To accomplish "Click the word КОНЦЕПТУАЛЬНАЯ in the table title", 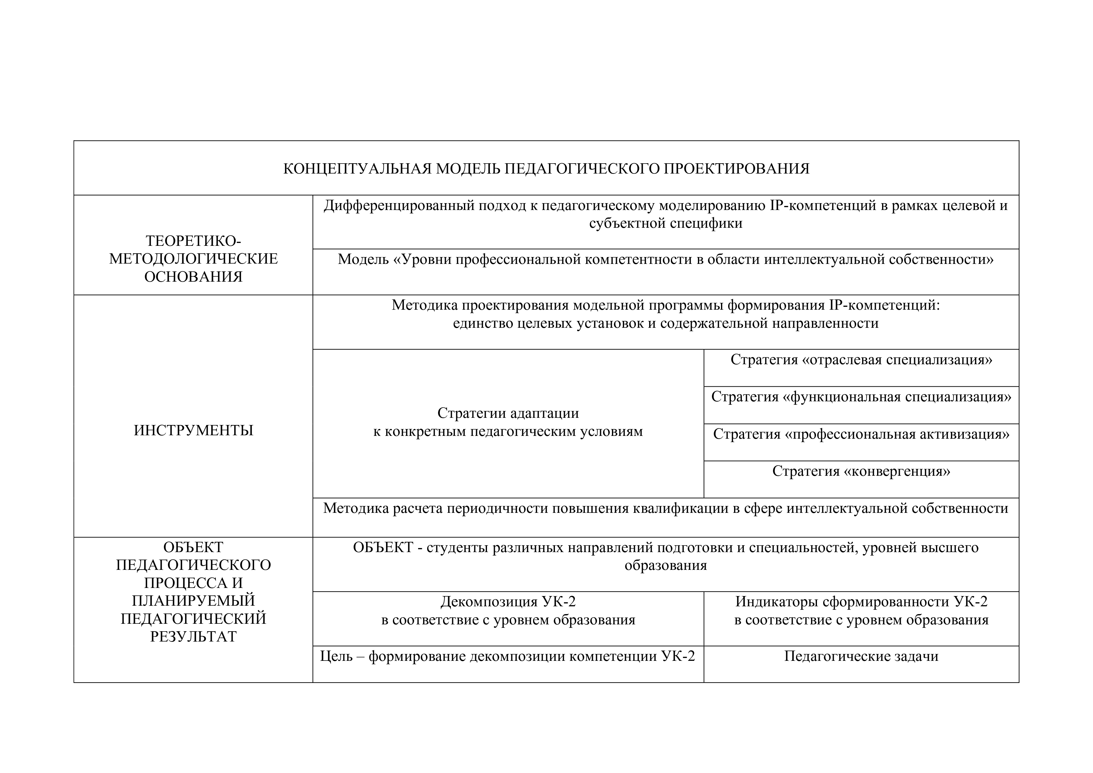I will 357,169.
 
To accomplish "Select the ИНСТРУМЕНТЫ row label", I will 193,430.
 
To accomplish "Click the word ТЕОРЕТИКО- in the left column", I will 193,241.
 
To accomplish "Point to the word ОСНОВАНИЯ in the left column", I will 193,277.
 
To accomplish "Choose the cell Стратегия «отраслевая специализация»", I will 861,360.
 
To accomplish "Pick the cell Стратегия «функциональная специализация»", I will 861,397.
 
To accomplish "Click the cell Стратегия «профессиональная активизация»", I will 861,434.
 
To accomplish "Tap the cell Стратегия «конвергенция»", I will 861,471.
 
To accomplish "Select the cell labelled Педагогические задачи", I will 861,656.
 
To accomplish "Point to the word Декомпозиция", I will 489,602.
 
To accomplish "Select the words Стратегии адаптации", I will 508,413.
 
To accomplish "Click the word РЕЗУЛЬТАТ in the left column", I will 193,637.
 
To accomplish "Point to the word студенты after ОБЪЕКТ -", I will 457,547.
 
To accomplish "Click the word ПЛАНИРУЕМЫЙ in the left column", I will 193,601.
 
